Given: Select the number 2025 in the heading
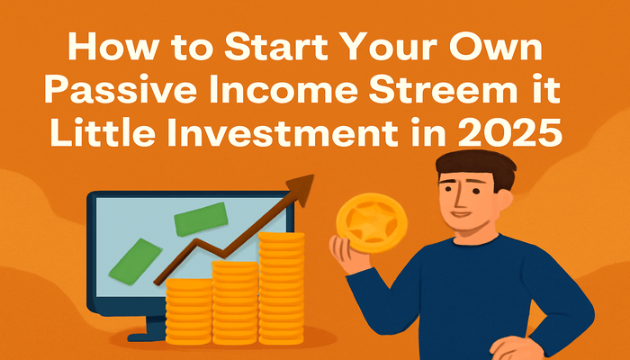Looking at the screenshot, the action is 509,132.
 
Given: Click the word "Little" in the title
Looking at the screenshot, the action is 102,132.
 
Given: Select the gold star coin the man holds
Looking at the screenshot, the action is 372,222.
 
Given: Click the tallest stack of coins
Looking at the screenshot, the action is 281,288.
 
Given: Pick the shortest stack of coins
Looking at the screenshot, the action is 188,311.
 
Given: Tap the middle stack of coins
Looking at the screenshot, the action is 235,302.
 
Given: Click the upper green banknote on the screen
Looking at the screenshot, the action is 201,219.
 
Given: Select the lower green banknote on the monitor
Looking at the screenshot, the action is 135,261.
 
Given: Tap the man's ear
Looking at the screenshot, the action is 505,201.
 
